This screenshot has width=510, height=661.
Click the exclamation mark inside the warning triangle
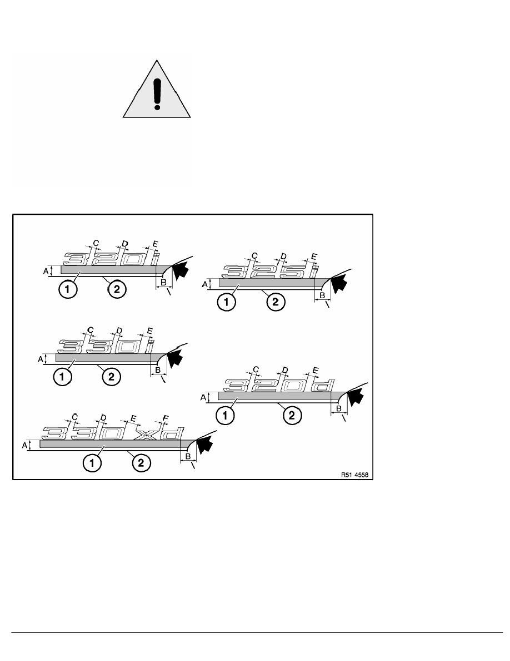157,95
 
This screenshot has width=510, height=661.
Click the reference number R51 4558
354,475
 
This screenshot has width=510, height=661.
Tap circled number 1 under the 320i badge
68,290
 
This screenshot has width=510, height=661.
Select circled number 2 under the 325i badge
276,302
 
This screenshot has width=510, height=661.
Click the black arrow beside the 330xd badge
203,445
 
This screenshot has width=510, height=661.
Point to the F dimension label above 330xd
166,418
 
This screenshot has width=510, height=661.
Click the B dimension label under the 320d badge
339,408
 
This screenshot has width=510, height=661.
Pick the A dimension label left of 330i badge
41,359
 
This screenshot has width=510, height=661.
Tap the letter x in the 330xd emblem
144,434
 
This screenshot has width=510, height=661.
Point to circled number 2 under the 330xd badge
141,463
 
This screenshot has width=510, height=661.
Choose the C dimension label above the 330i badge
90,329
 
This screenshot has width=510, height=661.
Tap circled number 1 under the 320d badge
225,416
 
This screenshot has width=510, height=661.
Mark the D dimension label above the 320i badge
124,243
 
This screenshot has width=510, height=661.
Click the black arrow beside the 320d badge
355,397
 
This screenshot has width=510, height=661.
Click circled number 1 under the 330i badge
62,376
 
